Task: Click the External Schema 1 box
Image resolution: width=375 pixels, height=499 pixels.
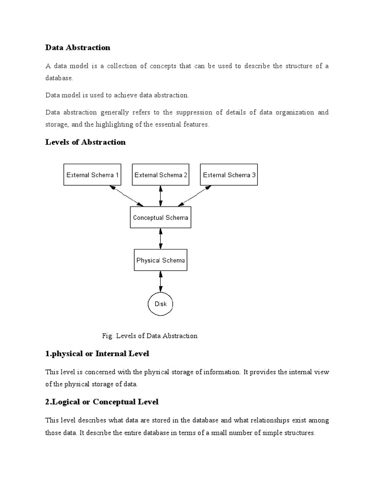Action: pyautogui.click(x=93, y=175)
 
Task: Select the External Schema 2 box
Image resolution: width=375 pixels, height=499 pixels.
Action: pyautogui.click(x=161, y=175)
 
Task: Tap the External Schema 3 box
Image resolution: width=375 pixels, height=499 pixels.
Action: pyautogui.click(x=229, y=175)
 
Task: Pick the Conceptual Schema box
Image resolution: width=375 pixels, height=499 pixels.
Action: pyautogui.click(x=161, y=217)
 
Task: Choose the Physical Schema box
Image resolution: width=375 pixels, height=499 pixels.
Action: pyautogui.click(x=161, y=260)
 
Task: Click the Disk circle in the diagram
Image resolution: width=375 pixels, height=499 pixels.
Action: pyautogui.click(x=161, y=304)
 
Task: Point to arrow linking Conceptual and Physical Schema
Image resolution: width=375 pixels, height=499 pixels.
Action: pyautogui.click(x=161, y=239)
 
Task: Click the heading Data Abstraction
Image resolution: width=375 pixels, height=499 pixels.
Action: pyautogui.click(x=78, y=47)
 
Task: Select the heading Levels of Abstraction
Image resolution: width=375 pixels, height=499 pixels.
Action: pyautogui.click(x=85, y=142)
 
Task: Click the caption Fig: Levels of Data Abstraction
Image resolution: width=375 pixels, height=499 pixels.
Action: pyautogui.click(x=150, y=335)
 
